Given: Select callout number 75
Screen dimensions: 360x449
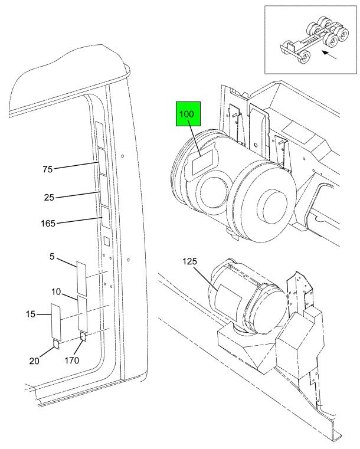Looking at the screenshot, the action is tap(48, 169).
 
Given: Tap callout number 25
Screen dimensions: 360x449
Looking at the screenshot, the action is tap(49, 198).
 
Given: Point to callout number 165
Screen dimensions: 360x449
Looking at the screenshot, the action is tap(48, 223).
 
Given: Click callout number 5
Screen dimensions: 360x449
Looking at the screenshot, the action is tap(52, 256).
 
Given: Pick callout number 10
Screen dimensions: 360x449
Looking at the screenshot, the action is tap(56, 292).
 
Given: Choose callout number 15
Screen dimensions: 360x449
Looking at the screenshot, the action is tap(31, 314).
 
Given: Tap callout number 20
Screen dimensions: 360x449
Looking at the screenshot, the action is tap(34, 361).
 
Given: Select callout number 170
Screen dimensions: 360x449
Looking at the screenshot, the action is tap(71, 360).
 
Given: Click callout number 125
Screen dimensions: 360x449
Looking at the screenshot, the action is tap(190, 261).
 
